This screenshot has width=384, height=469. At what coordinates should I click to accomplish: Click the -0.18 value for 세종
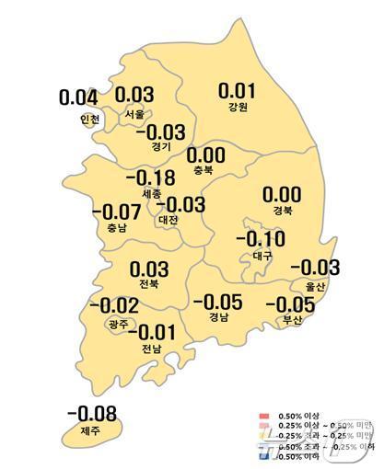click(150, 177)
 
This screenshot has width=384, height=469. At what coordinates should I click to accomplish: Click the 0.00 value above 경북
click(282, 195)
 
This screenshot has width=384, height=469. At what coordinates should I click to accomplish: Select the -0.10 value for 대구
click(261, 240)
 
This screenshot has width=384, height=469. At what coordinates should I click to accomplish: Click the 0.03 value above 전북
click(148, 269)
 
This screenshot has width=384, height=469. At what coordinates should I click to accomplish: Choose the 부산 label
click(290, 320)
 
